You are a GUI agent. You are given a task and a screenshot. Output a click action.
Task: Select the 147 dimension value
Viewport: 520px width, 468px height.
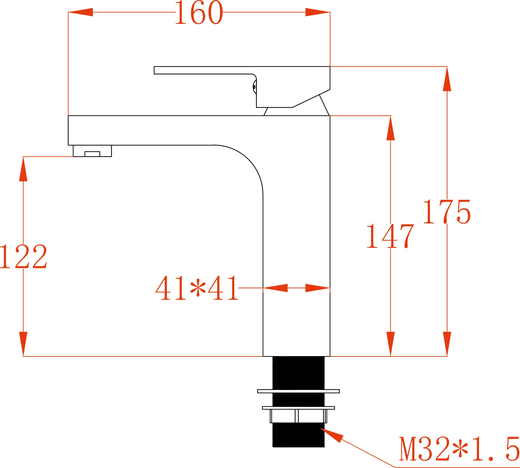[390, 236]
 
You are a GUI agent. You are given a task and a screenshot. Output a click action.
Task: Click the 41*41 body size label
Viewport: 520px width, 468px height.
[197, 288]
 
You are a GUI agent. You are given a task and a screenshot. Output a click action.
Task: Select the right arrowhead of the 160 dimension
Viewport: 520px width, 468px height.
[317, 12]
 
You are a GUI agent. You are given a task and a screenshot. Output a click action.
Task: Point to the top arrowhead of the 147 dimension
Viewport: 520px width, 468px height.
[391, 128]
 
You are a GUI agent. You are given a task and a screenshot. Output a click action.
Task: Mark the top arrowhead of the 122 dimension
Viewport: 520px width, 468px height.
[23, 169]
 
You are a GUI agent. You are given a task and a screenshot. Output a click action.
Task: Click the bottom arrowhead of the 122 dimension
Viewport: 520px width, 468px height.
[23, 344]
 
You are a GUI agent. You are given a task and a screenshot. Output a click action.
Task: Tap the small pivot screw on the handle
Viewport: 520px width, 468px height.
[254, 87]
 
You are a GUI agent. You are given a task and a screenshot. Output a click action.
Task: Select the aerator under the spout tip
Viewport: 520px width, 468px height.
[92, 151]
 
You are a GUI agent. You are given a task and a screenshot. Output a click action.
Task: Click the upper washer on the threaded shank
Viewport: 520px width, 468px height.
[298, 398]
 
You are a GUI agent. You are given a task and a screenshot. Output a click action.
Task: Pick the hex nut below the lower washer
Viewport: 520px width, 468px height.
[298, 416]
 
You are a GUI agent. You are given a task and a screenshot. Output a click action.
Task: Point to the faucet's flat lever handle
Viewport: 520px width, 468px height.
[242, 87]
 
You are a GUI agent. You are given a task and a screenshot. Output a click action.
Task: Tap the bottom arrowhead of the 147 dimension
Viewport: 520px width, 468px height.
[391, 344]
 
